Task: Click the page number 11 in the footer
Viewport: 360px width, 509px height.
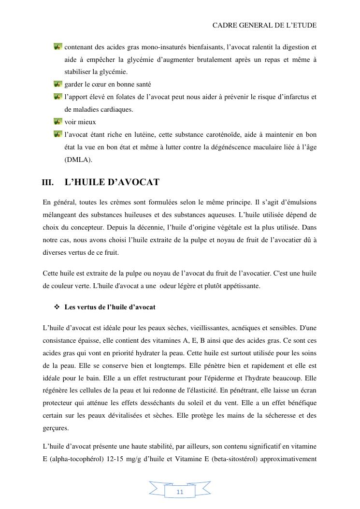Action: point(180,492)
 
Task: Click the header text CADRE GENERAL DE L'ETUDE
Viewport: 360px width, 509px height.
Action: point(264,25)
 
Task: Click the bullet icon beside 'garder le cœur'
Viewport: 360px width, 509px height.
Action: point(58,85)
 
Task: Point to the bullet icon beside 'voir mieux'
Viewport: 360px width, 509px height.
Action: point(58,122)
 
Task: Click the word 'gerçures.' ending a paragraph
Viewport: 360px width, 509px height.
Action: point(56,428)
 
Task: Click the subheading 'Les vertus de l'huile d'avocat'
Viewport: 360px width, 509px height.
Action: point(110,307)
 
